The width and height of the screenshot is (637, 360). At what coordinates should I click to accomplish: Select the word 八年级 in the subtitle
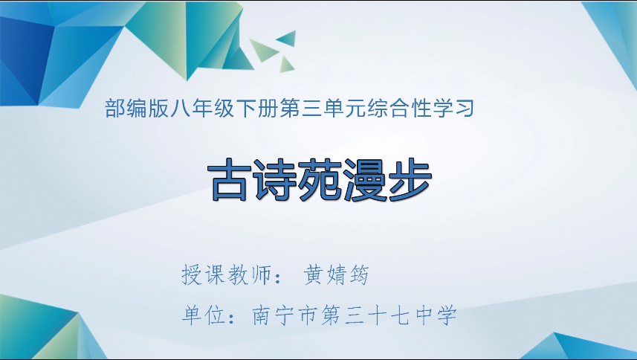[x=198, y=111]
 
